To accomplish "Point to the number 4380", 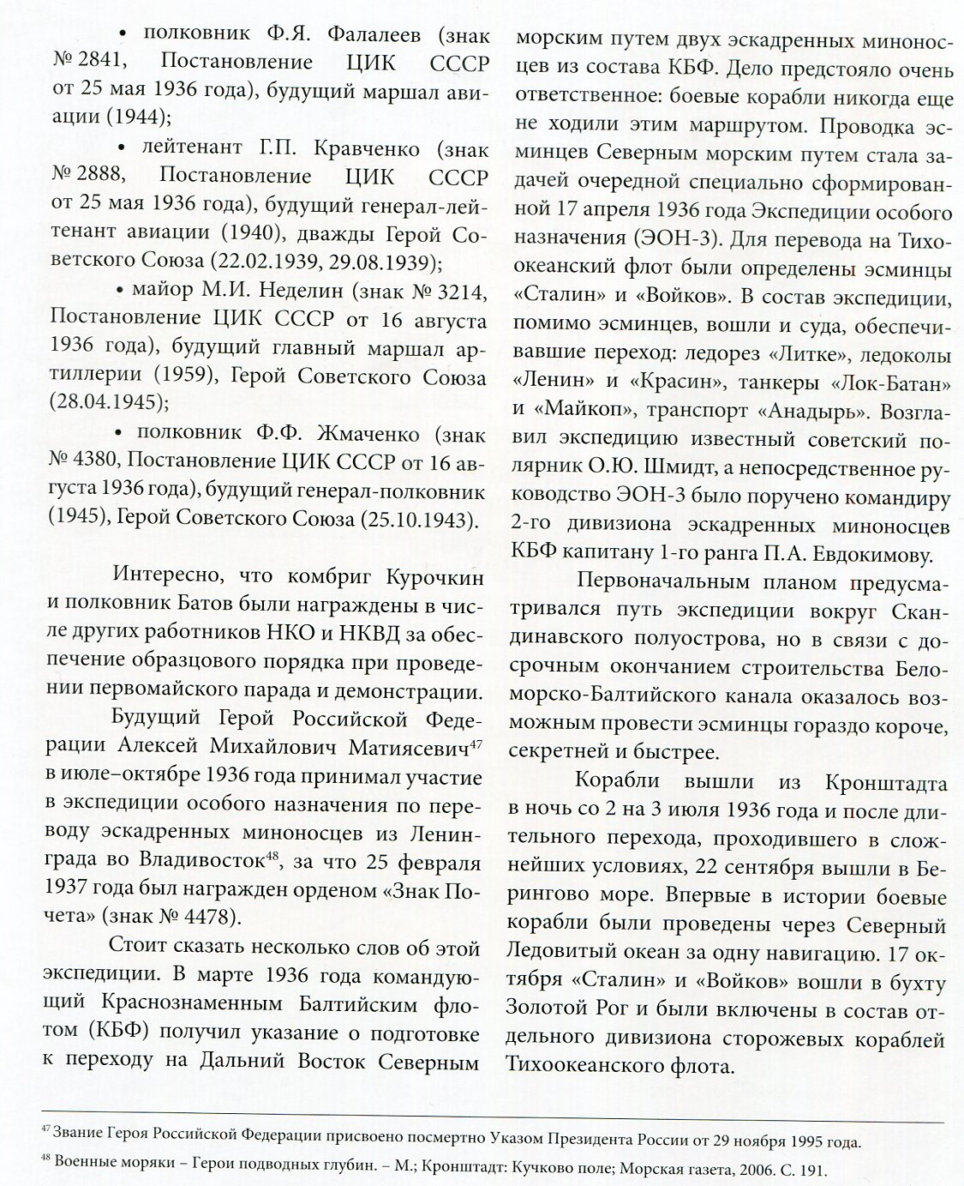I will click(x=95, y=462).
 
